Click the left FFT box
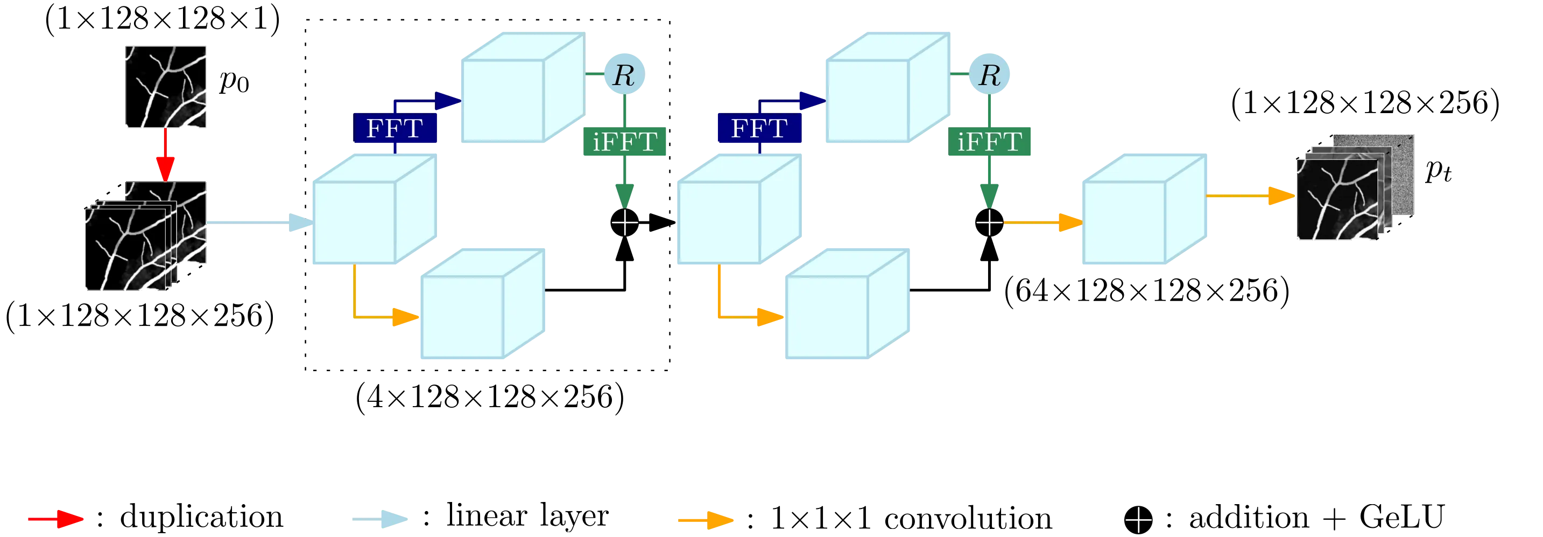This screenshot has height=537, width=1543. (x=394, y=128)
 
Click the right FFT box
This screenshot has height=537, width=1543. (x=759, y=128)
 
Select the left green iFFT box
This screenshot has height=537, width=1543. (x=624, y=143)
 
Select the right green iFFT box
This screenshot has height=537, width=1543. (x=990, y=143)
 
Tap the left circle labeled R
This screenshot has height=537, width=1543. (x=624, y=74)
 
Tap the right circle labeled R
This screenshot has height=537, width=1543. (x=990, y=74)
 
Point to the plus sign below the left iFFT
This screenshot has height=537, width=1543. (x=625, y=223)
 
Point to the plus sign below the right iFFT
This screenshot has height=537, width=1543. (x=990, y=223)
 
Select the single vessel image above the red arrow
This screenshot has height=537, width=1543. (x=165, y=86)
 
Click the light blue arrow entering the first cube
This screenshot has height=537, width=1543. (x=258, y=222)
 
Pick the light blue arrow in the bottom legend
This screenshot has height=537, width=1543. (x=378, y=519)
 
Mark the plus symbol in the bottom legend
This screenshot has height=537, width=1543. (x=1139, y=520)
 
